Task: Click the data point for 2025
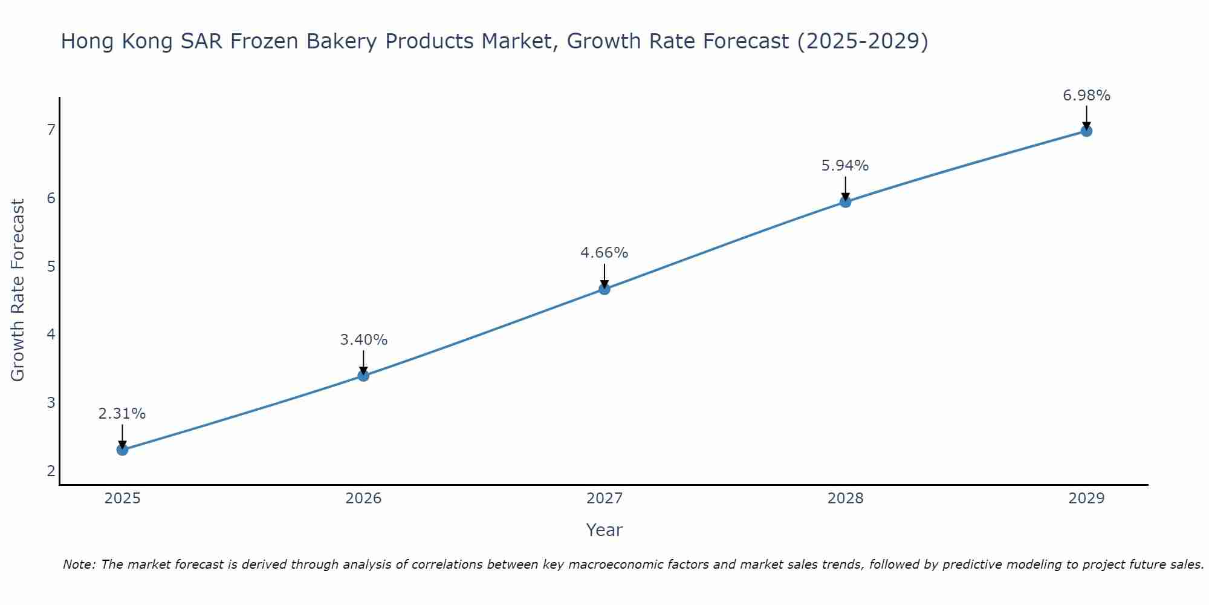coord(122,450)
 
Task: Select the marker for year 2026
coord(363,376)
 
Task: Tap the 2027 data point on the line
coord(604,289)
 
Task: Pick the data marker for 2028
coord(845,202)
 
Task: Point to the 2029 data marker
coord(1086,131)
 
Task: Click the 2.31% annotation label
coord(122,414)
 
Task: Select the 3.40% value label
coord(363,340)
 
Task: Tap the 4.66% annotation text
coord(604,253)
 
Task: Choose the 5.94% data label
coord(845,166)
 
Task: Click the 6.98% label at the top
coord(1086,96)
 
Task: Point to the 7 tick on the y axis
coord(51,129)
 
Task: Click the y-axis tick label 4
coord(51,334)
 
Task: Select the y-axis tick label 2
coord(51,471)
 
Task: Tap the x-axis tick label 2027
coord(604,499)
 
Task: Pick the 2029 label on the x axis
coord(1086,499)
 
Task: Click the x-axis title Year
coord(604,530)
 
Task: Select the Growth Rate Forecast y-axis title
coord(18,290)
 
